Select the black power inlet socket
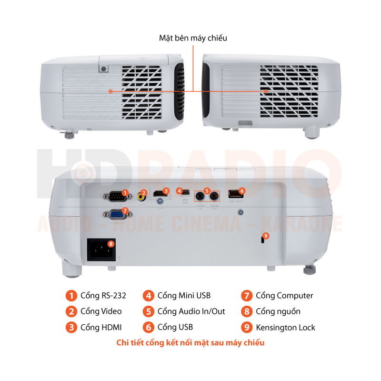pos(100,250)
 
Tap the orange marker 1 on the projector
pos(125,193)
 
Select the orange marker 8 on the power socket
pos(111,243)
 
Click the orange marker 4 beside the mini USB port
pos(179,190)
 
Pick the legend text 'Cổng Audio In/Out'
pos(191,311)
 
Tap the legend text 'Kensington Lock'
pos(285,327)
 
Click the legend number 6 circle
pos(149,327)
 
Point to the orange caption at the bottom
pos(190,342)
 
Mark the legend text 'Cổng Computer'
pos(284,296)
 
